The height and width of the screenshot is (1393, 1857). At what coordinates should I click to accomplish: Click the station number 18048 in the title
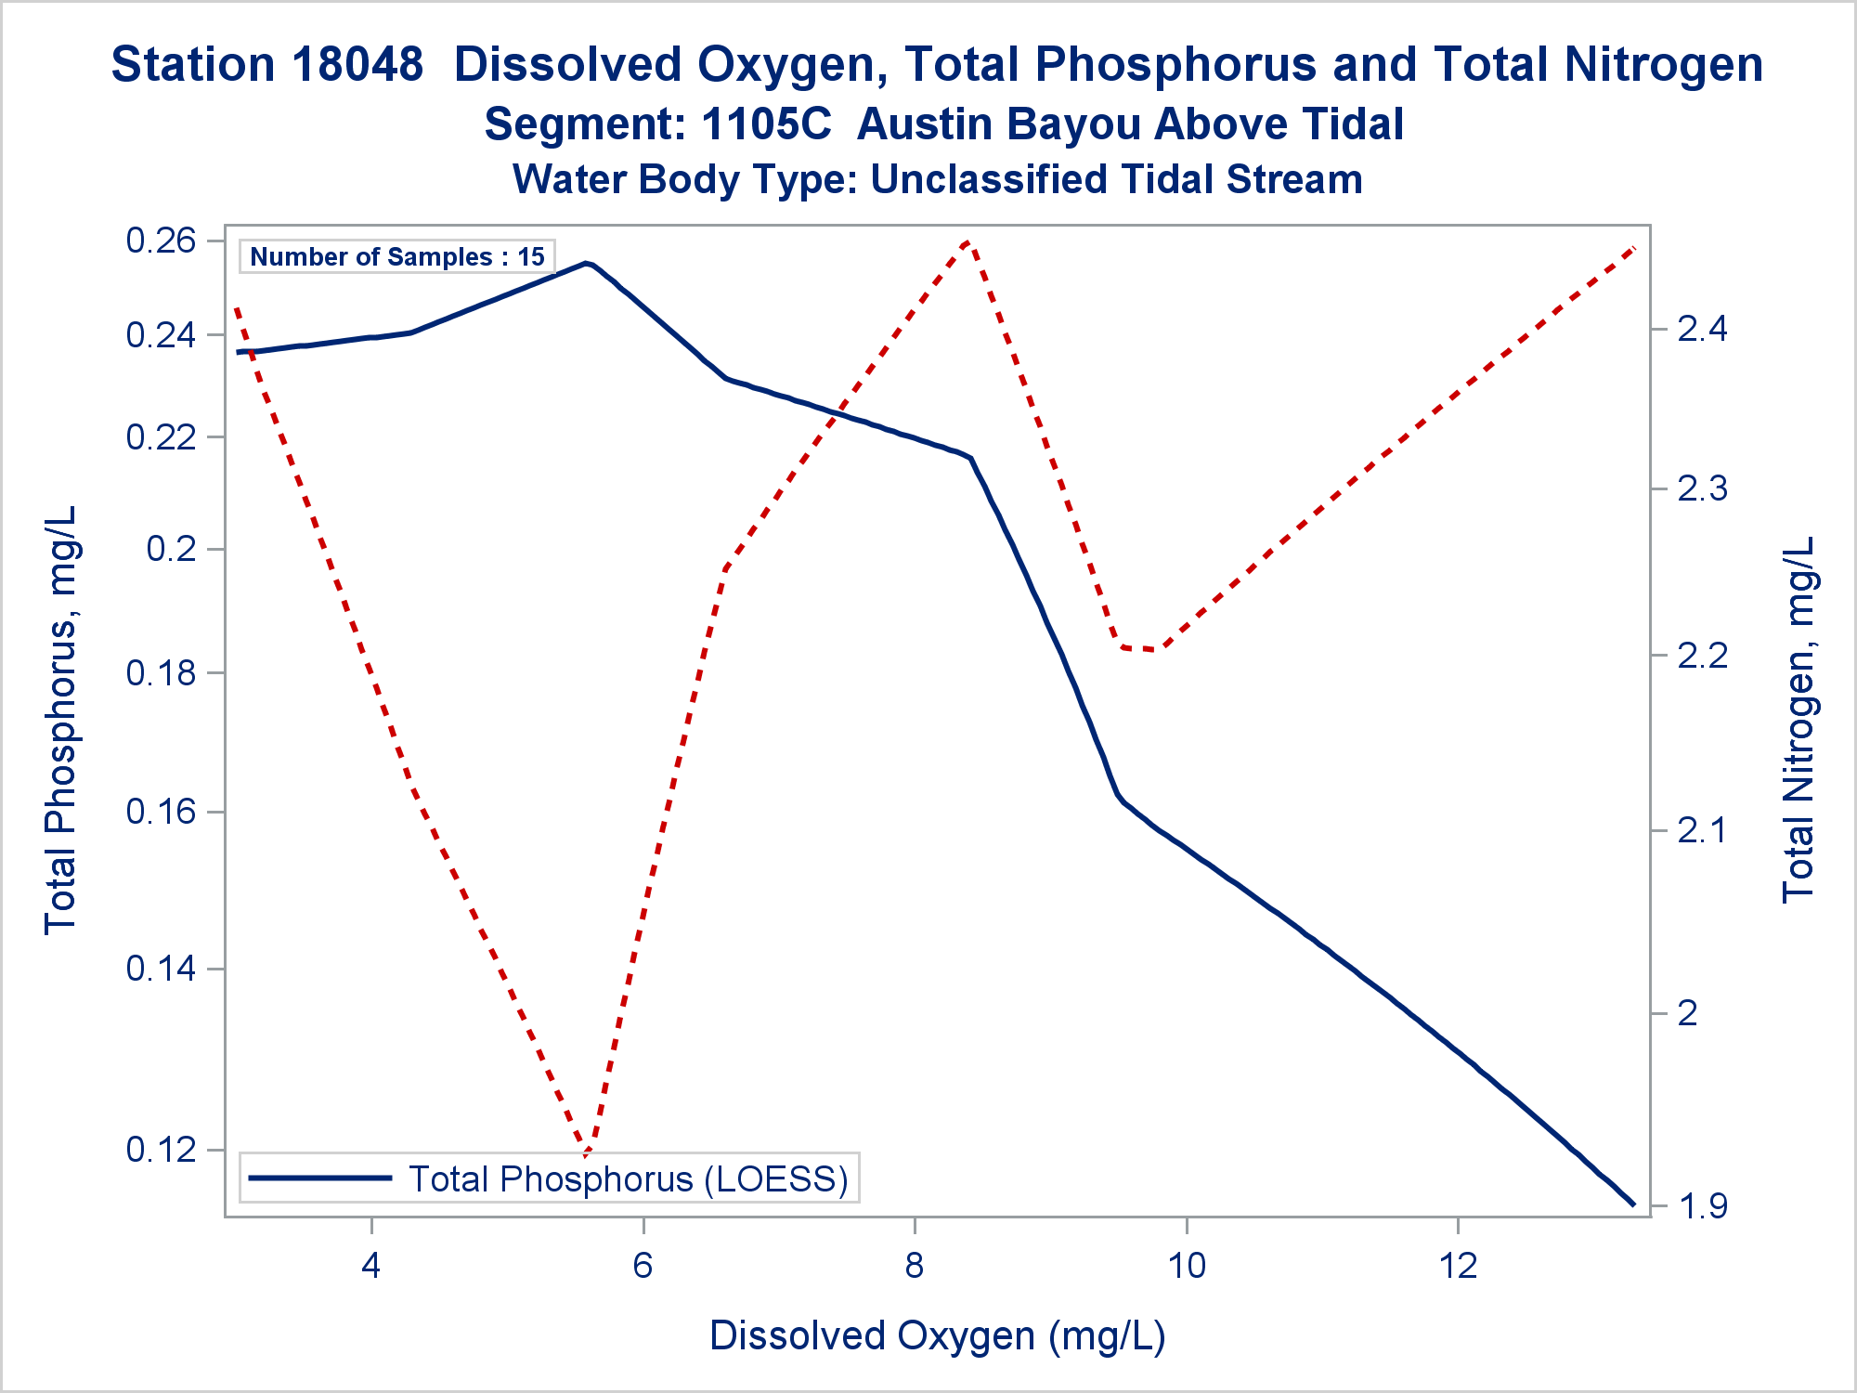point(357,65)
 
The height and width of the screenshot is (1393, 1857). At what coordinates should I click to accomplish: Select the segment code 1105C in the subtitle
point(766,124)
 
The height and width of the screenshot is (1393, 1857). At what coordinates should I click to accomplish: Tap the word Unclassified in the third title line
point(992,179)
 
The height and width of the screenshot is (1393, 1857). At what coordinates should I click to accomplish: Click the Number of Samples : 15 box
point(397,256)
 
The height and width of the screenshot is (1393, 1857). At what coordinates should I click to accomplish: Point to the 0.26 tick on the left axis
point(162,241)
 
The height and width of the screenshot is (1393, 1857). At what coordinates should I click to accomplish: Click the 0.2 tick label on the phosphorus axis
point(172,549)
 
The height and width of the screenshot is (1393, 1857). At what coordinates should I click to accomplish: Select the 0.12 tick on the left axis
point(162,1150)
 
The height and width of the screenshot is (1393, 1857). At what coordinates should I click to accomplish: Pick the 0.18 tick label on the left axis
point(162,673)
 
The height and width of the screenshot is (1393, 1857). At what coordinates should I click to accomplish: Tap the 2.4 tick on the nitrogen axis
point(1703,329)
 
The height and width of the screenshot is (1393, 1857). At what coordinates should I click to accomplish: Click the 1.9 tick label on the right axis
point(1703,1206)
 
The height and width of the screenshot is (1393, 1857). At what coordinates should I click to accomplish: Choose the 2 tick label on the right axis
point(1688,1012)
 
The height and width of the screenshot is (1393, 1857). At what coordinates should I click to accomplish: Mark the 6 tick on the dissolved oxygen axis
point(643,1265)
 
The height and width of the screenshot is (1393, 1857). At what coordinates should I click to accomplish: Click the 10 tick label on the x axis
point(1187,1265)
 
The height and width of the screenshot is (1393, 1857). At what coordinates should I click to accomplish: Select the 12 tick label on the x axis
point(1458,1265)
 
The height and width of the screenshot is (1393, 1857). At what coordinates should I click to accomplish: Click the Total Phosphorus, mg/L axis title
point(60,720)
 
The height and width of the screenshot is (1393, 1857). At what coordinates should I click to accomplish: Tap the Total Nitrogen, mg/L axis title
point(1799,720)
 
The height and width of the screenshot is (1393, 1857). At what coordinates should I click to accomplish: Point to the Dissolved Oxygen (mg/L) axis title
point(937,1335)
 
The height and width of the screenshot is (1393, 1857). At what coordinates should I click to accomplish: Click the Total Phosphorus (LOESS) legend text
point(629,1178)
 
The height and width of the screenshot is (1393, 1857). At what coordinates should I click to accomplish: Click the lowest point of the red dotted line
point(586,1154)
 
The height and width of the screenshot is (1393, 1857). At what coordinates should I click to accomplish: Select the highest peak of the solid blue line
point(586,263)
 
